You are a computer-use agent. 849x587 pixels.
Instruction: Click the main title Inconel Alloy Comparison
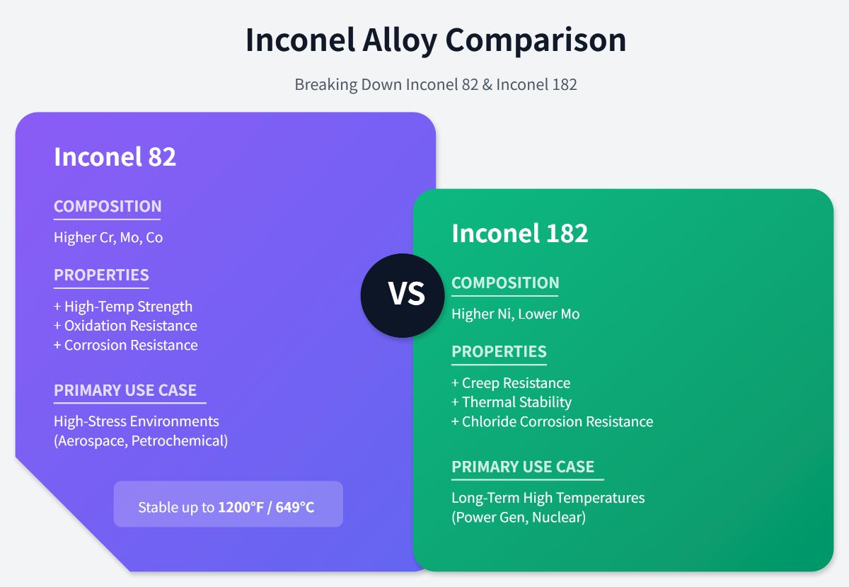(435, 40)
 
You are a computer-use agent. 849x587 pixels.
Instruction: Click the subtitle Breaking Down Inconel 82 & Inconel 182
(435, 84)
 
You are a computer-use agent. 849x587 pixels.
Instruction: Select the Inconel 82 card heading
(115, 156)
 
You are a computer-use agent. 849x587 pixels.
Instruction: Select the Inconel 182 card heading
(519, 233)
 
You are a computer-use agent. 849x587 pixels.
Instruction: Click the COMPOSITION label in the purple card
(108, 206)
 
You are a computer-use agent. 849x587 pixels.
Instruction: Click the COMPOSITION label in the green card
(505, 283)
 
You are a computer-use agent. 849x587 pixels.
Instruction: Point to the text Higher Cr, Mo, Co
(108, 237)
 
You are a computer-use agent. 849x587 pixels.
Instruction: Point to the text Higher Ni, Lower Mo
(515, 314)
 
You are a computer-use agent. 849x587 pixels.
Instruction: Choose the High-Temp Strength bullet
(123, 307)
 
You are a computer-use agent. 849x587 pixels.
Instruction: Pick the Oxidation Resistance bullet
(125, 326)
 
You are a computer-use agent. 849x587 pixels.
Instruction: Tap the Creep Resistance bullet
(511, 383)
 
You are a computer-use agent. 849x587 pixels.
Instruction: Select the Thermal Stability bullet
(512, 402)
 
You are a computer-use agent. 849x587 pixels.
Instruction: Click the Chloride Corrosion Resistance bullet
(552, 421)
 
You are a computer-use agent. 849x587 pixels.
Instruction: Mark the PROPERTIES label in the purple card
(101, 275)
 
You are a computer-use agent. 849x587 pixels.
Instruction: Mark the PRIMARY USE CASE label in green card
(523, 467)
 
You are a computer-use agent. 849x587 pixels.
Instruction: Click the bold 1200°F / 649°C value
(266, 507)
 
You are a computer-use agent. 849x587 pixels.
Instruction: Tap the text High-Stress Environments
(136, 421)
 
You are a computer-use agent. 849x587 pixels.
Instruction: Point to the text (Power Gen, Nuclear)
(519, 517)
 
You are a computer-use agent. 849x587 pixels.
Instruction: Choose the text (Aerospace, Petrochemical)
(141, 440)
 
